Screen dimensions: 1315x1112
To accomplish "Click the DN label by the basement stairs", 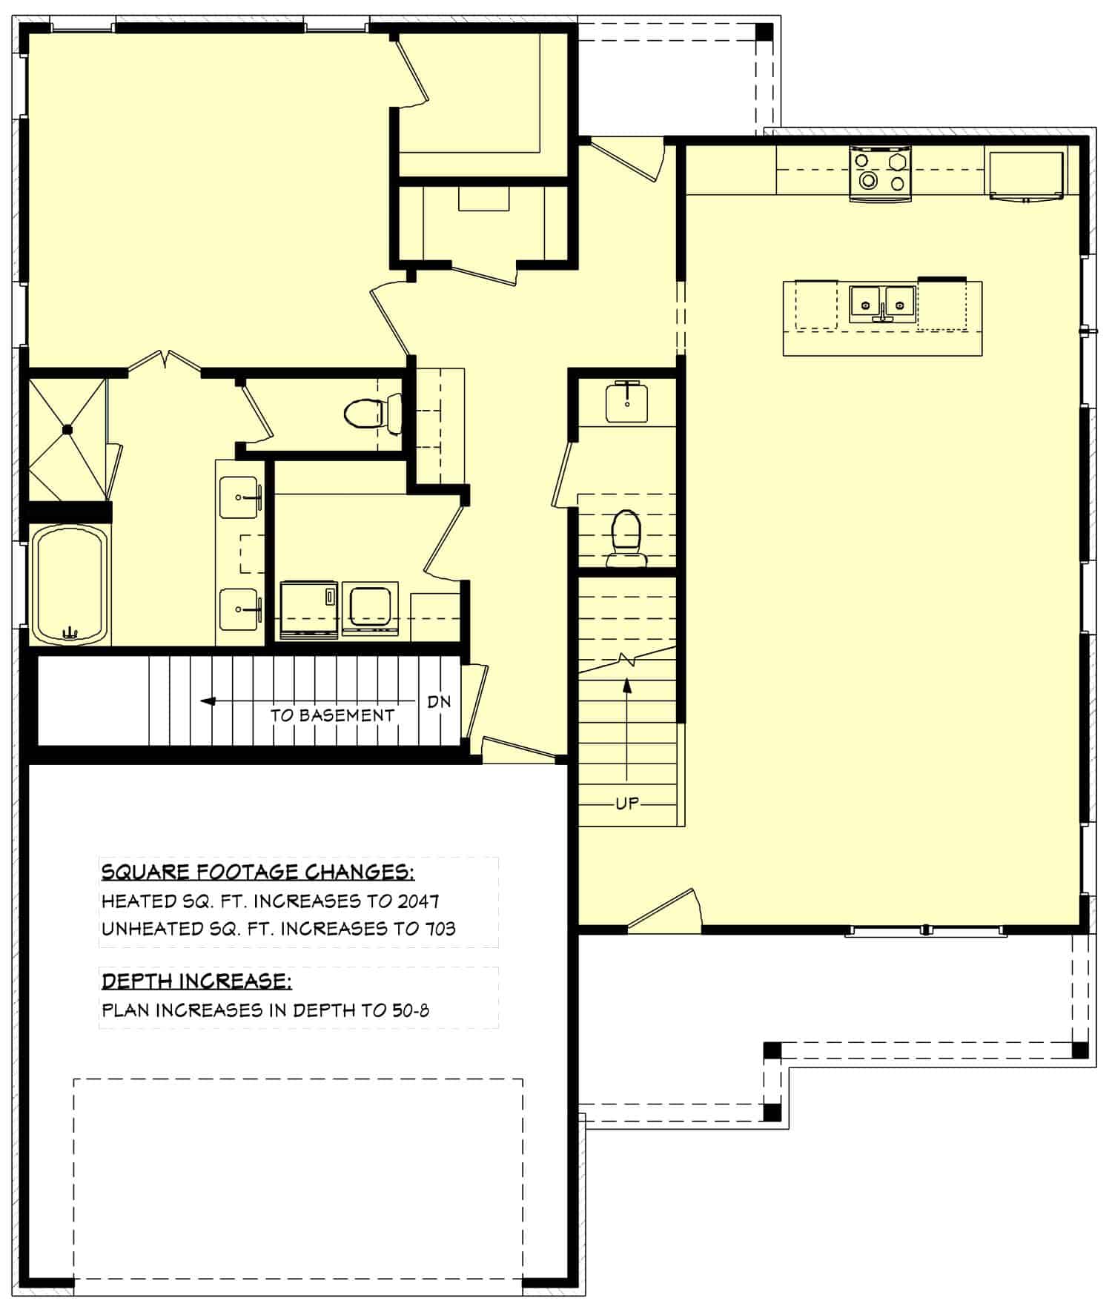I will pyautogui.click(x=439, y=701).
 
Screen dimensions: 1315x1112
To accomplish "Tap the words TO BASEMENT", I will pyautogui.click(x=332, y=715).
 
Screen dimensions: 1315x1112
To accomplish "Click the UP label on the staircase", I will pyautogui.click(x=627, y=804).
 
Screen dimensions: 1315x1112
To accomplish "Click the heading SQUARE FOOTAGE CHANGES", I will pyautogui.click(x=257, y=872).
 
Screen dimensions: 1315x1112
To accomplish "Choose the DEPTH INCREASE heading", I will pyautogui.click(x=196, y=981).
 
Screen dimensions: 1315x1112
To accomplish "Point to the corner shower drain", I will pyautogui.click(x=67, y=428).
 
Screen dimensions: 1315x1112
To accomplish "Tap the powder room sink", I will pyautogui.click(x=627, y=403).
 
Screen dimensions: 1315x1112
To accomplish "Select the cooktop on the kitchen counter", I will pyautogui.click(x=880, y=173).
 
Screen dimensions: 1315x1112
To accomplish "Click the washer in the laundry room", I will pyautogui.click(x=309, y=610).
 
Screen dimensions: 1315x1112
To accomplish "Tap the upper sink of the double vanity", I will pyautogui.click(x=240, y=497).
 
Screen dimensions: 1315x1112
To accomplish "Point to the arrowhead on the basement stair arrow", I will pyautogui.click(x=208, y=701).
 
